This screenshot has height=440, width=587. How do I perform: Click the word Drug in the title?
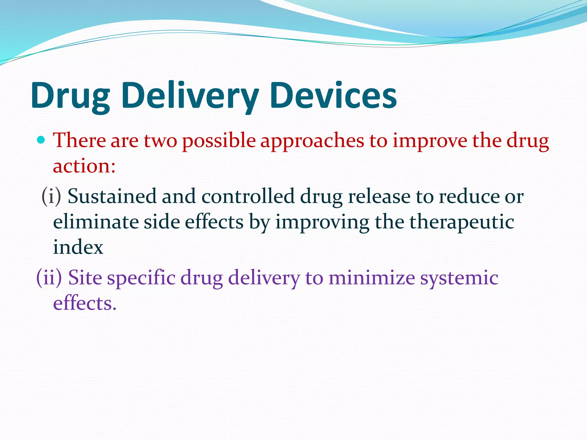pyautogui.click(x=70, y=96)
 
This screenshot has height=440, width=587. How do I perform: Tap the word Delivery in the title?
pyautogui.click(x=190, y=96)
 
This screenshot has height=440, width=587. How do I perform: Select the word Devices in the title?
pyautogui.click(x=333, y=96)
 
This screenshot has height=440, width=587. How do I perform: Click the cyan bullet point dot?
pyautogui.click(x=41, y=140)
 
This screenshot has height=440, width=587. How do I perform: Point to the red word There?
pyautogui.click(x=79, y=141)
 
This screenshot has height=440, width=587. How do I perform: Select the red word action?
pyautogui.click(x=84, y=166)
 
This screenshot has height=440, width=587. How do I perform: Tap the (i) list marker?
pyautogui.click(x=51, y=196)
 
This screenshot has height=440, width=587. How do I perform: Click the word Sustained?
pyautogui.click(x=112, y=197)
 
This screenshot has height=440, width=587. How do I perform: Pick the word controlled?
pyautogui.click(x=248, y=197)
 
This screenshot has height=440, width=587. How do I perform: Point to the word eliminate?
pyautogui.click(x=96, y=222)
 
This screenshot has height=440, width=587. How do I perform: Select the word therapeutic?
pyautogui.click(x=461, y=223)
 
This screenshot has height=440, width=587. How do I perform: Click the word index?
pyautogui.click(x=78, y=247)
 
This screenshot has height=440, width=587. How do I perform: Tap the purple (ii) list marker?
pyautogui.click(x=49, y=278)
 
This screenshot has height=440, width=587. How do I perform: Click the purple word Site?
pyautogui.click(x=85, y=278)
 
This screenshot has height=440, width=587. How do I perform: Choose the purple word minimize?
pyautogui.click(x=371, y=278)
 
